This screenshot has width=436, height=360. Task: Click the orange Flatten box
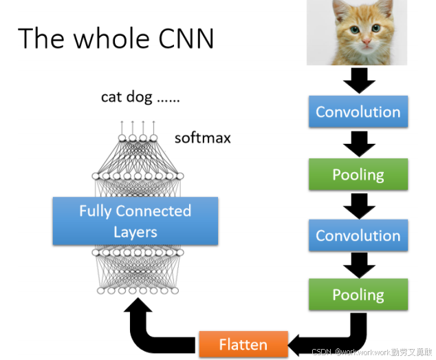pyautogui.click(x=243, y=343)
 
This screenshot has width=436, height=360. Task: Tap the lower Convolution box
pyautogui.click(x=358, y=235)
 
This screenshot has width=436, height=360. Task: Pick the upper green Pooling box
pyautogui.click(x=358, y=175)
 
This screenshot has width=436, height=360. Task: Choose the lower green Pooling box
pyautogui.click(x=358, y=295)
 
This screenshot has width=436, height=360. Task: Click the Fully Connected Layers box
pyautogui.click(x=135, y=221)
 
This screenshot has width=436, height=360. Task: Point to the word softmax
pyautogui.click(x=202, y=138)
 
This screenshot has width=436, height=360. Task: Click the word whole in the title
pyautogui.click(x=105, y=39)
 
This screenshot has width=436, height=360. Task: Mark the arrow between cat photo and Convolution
pyautogui.click(x=358, y=81)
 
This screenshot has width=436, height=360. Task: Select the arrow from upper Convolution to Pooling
pyautogui.click(x=358, y=143)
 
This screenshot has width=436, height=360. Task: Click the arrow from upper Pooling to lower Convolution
pyautogui.click(x=358, y=204)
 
